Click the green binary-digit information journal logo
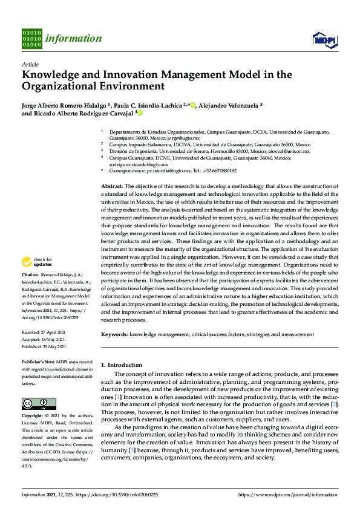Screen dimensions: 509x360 click(x=31, y=39)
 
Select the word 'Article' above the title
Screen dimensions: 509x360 click(x=30, y=64)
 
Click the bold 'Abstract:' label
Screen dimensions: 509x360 click(x=112, y=186)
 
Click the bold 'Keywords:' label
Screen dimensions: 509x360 click(x=114, y=334)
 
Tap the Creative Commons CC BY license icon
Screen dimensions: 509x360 click(x=34, y=403)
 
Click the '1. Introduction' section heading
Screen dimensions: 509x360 click(x=121, y=365)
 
